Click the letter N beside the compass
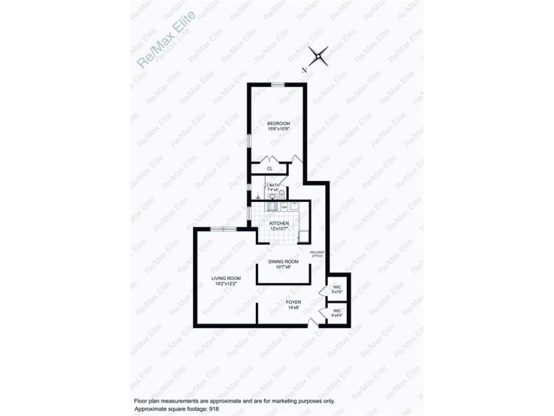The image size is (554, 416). (304, 70)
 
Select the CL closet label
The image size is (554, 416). (270, 169)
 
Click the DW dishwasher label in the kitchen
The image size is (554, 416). (284, 207)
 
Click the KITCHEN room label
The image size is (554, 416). (279, 224)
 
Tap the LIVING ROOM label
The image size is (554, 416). (226, 279)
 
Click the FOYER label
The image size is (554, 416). (293, 302)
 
